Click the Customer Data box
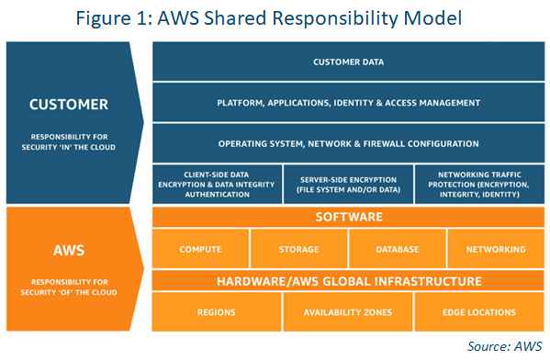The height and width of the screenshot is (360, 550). point(348,62)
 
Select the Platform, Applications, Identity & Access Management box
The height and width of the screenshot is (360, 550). point(348,103)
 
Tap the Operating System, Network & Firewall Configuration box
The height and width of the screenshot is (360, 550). point(348,143)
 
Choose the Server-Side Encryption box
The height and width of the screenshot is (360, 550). point(348,184)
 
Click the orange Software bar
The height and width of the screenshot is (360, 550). point(348,218)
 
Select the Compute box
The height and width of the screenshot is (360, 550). point(200,249)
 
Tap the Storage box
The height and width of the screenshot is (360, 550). point(298,249)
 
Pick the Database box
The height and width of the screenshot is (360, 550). point(398,249)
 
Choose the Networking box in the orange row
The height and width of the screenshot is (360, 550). point(496,249)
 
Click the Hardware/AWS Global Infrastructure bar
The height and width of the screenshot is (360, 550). point(348,280)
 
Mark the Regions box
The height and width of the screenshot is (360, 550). point(217,312)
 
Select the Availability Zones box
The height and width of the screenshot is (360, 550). point(348,312)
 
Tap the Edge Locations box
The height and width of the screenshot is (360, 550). point(479,312)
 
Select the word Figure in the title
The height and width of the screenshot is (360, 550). point(107,18)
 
